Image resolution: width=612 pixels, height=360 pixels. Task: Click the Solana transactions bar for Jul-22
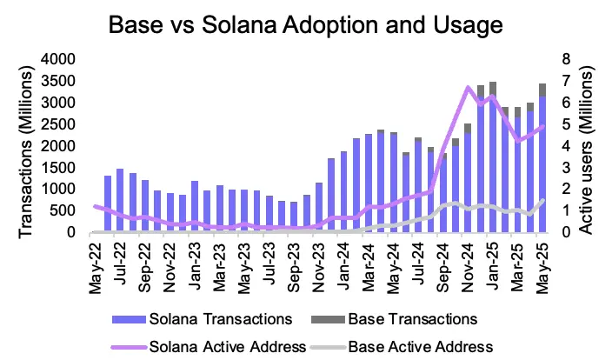click(x=120, y=201)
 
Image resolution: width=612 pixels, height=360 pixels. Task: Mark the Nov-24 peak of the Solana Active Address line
click(x=469, y=87)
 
